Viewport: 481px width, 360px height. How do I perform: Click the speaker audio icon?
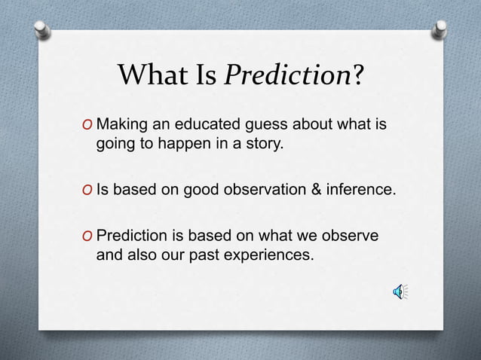click(399, 291)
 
